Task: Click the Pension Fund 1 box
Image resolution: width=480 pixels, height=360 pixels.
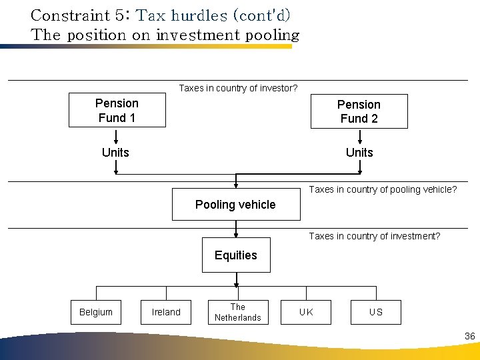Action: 117,111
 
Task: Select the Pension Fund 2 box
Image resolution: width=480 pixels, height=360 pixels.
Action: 359,111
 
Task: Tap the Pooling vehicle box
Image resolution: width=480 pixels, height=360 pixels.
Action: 235,205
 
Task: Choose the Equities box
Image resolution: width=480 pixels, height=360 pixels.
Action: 236,255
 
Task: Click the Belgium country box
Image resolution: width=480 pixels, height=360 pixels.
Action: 96,312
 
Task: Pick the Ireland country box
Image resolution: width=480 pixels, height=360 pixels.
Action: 166,312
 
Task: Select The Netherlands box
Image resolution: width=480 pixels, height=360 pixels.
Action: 238,312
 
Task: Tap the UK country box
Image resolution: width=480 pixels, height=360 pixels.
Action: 306,312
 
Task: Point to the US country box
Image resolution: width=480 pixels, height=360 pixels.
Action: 376,312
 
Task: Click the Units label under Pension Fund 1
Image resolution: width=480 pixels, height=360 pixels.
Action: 115,153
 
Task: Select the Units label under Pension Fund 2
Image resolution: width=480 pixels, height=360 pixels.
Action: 359,153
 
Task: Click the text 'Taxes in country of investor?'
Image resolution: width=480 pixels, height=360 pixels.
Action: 238,88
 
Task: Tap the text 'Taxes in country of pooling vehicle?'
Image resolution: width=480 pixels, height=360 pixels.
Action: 383,189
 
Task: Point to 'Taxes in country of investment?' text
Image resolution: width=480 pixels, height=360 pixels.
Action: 374,236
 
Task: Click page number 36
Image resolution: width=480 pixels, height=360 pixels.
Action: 470,336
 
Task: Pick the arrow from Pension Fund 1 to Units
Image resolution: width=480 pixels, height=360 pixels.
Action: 116,136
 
